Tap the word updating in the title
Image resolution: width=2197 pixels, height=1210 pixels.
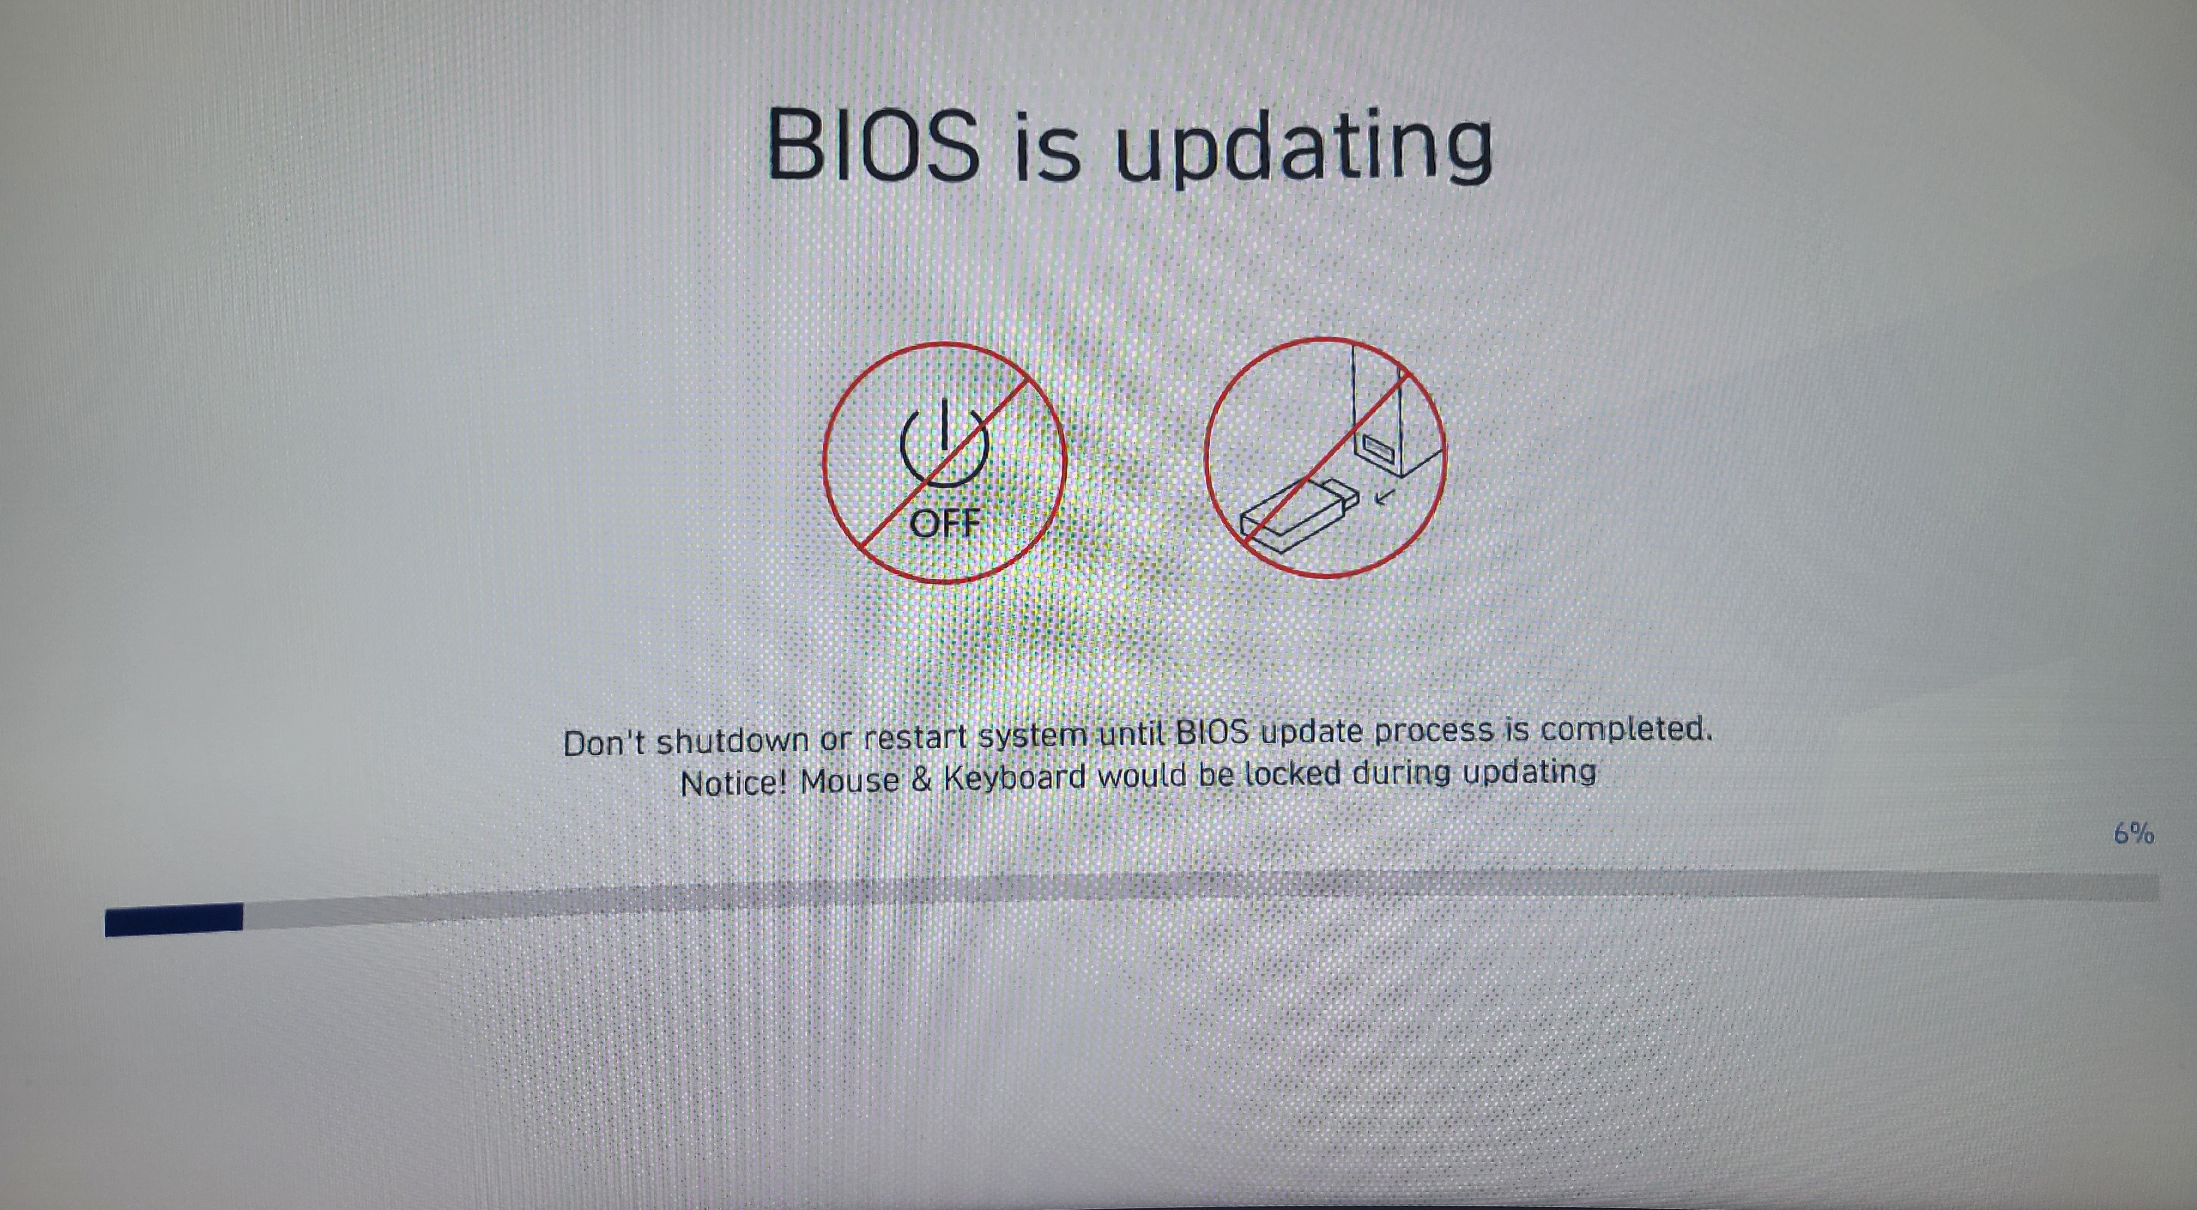[x=1304, y=146]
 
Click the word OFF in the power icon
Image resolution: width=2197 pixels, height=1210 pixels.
[x=945, y=523]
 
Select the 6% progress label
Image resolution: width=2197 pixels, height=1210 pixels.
[x=2133, y=833]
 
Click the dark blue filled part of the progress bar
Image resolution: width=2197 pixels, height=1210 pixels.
[x=174, y=920]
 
